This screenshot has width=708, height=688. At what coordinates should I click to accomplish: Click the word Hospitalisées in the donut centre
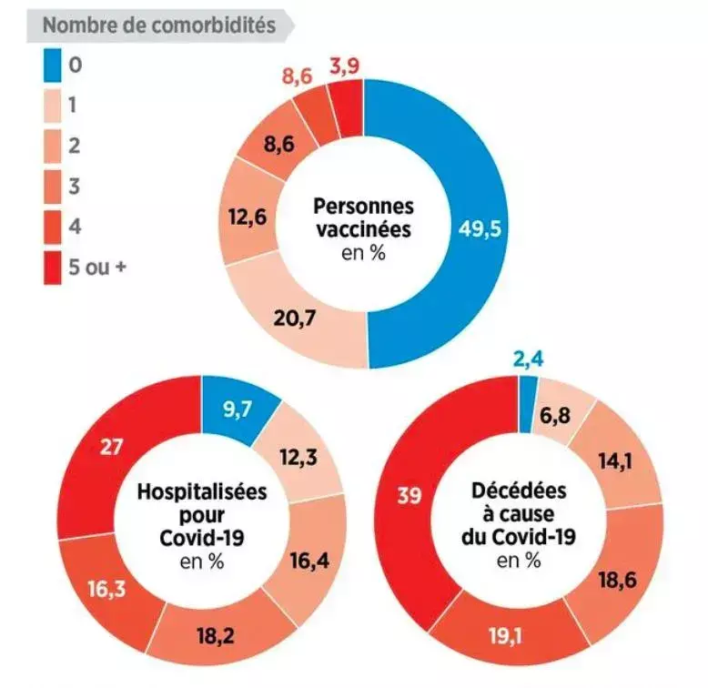[x=201, y=492]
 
